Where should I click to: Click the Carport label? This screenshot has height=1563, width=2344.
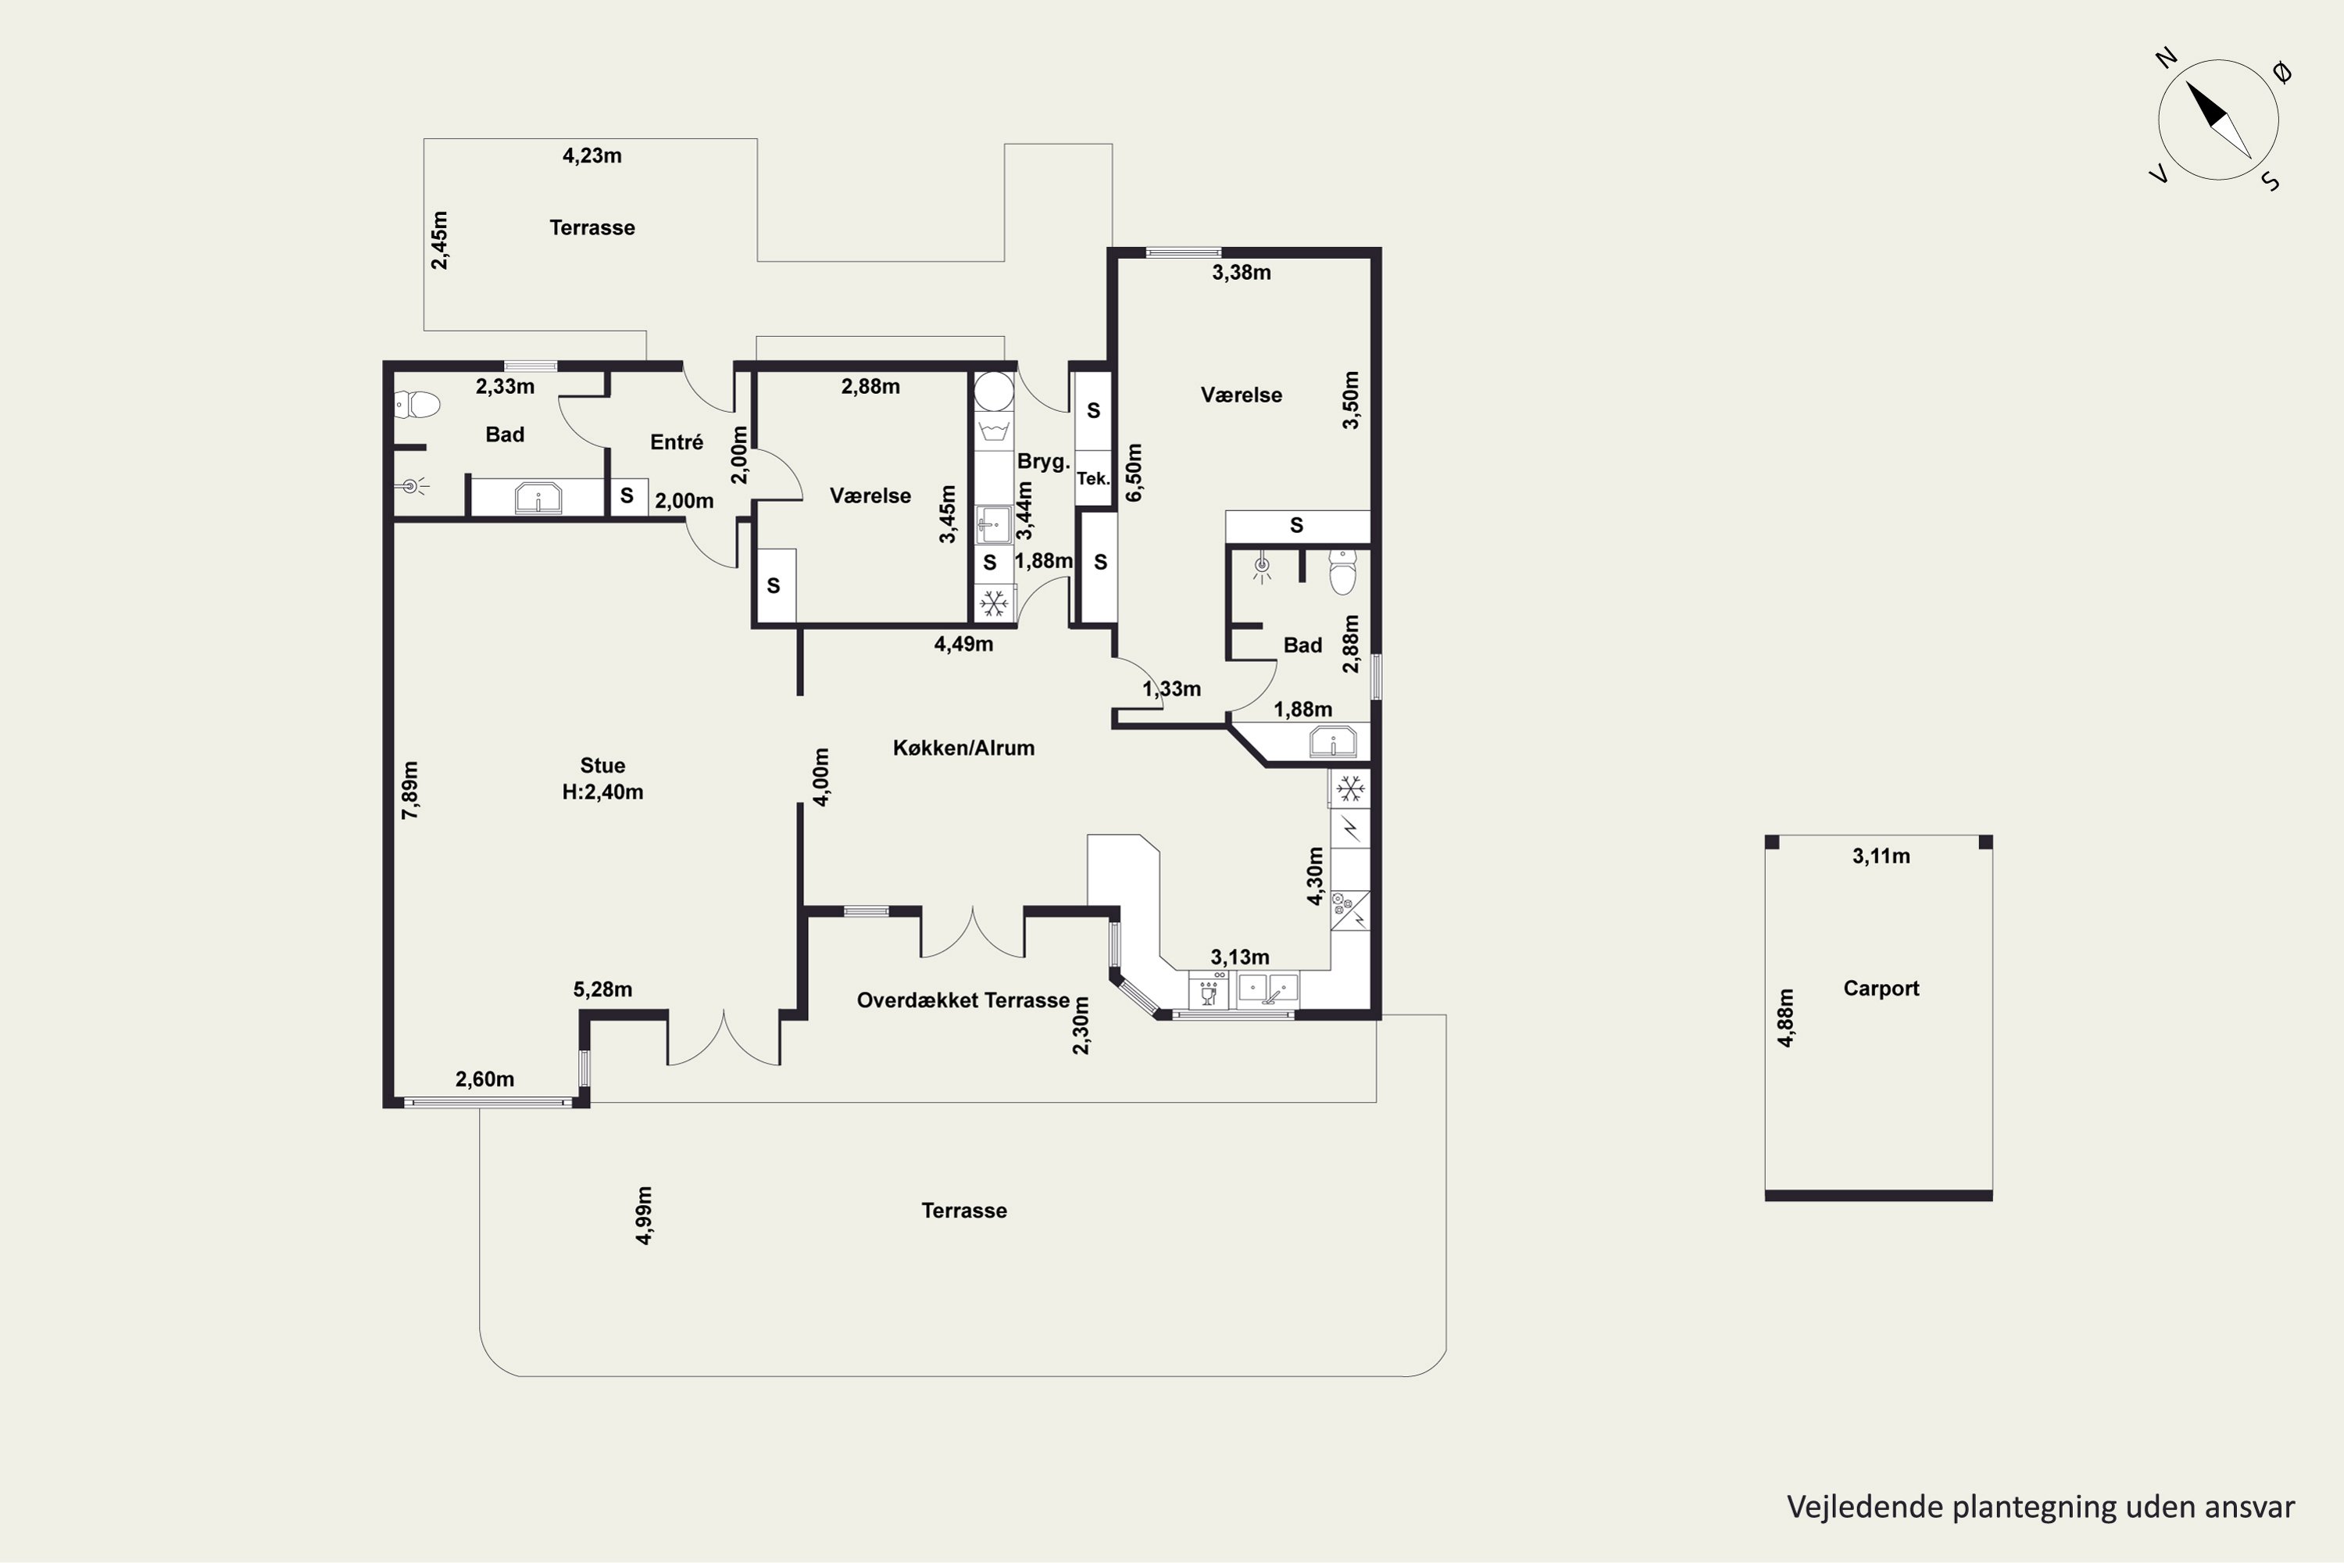(1881, 988)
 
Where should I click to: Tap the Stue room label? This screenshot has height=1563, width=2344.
(603, 766)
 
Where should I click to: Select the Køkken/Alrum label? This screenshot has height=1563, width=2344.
(963, 748)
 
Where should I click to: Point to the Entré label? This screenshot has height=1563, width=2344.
(677, 442)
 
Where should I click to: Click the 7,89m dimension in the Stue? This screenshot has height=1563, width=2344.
(409, 790)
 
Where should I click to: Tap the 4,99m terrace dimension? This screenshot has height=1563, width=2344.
(644, 1215)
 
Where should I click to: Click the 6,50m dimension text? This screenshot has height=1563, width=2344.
(1134, 473)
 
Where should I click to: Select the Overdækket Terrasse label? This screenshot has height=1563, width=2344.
(963, 1000)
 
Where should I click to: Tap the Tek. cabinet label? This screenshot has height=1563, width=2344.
(1093, 478)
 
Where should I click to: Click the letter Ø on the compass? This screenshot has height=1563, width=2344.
(2282, 72)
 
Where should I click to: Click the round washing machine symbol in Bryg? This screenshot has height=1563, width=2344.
(994, 392)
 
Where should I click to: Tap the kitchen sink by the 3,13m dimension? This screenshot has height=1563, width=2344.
(1269, 988)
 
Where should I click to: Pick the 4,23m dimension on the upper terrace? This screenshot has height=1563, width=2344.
(592, 156)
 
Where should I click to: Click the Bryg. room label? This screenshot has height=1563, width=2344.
(1043, 462)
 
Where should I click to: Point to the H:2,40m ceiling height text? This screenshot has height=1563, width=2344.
(603, 792)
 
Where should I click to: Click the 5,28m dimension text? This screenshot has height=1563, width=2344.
(603, 990)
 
